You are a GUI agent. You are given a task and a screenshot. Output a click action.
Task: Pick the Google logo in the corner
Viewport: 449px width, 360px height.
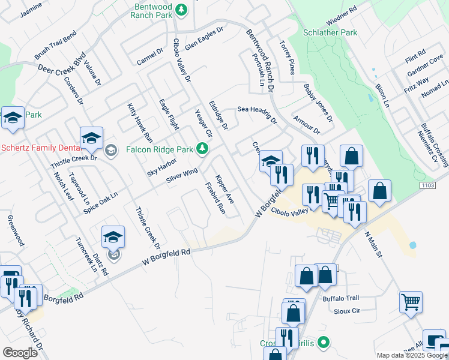pyautogui.click(x=20, y=353)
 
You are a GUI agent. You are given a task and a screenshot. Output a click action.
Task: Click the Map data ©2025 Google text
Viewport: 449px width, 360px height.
pyautogui.click(x=412, y=355)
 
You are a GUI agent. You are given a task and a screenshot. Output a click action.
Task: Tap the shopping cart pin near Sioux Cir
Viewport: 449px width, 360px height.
pyautogui.click(x=411, y=302)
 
